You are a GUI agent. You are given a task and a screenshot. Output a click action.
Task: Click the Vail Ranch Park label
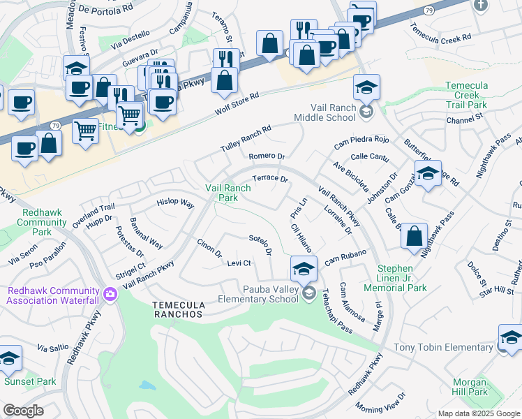coord(228,193)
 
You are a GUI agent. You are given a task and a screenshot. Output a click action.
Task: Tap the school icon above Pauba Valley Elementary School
coord(304,269)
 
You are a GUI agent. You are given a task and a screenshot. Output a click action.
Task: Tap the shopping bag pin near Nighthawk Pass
coord(414,235)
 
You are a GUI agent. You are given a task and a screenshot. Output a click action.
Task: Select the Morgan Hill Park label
coord(469,387)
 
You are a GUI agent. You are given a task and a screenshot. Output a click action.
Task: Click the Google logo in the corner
coord(23,411)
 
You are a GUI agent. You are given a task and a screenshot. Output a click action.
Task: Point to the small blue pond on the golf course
coord(147,385)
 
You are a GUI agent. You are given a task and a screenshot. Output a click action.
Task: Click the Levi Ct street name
coord(239,263)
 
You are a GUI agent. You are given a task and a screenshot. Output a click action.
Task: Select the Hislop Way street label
coord(175,203)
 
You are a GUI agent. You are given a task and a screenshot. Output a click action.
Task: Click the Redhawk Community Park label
coord(33,222)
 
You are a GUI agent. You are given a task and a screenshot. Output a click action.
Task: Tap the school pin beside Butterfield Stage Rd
coord(428,174)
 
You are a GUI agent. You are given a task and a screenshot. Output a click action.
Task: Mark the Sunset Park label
coord(30,382)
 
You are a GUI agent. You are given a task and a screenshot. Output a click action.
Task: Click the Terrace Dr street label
coord(270,179)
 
